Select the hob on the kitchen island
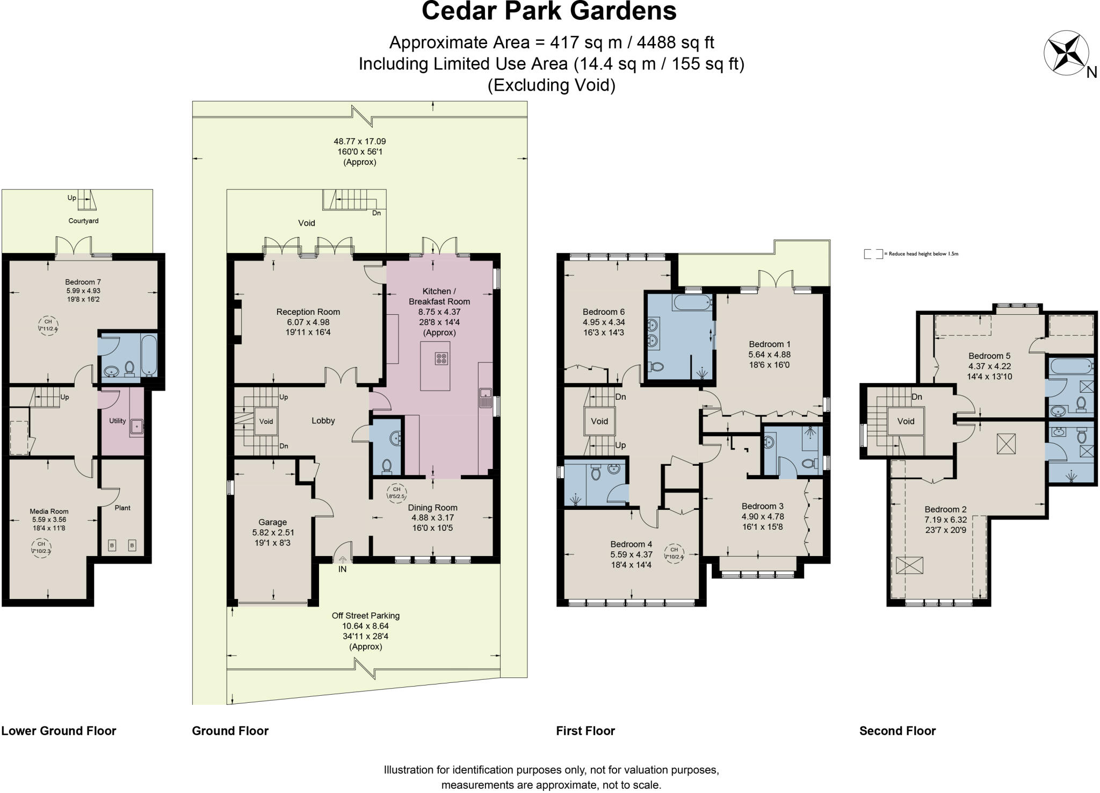click(442, 358)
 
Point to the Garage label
click(272, 522)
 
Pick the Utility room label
click(117, 421)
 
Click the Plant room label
click(122, 508)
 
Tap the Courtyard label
click(83, 221)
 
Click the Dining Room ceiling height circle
click(396, 493)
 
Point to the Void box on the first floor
click(599, 421)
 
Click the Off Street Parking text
click(365, 616)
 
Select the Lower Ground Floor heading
click(59, 731)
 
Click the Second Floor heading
click(897, 731)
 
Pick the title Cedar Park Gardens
click(549, 12)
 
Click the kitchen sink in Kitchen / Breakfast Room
click(486, 398)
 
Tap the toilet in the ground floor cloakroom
click(386, 465)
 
